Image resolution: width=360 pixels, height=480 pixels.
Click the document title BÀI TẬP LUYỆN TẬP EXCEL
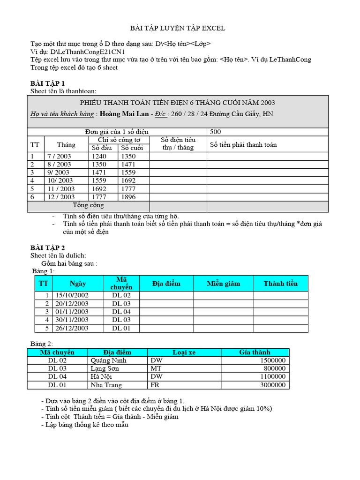[177, 28]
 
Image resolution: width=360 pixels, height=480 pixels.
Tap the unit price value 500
[216, 132]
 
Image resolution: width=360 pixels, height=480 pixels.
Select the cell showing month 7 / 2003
[59, 156]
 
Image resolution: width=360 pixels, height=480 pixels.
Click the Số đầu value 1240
[99, 156]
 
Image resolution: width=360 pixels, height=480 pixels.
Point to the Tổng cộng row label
[89, 205]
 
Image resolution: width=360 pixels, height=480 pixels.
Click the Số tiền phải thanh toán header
[243, 144]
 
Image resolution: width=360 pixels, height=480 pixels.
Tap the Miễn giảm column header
[224, 284]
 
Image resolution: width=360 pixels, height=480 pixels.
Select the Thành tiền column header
[280, 284]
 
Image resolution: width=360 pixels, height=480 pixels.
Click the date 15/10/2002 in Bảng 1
[72, 295]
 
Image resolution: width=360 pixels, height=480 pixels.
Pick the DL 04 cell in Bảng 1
[121, 312]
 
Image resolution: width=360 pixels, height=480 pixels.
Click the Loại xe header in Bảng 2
[184, 352]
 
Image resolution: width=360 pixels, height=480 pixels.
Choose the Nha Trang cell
[105, 385]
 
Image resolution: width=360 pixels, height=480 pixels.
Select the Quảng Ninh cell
[108, 360]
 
